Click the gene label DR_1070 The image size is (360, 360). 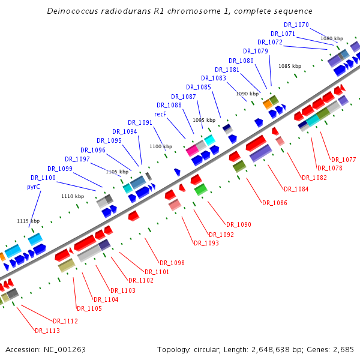coord(296,25)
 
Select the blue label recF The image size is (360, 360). coord(160,114)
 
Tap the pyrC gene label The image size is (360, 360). coord(34,187)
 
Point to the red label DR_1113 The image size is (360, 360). coord(47,331)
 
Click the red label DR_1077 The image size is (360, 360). coord(344,160)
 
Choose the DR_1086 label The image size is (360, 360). coord(275,203)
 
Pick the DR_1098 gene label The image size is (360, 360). coord(172,263)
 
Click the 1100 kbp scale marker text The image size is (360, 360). coord(160,146)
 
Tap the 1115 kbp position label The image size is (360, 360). coord(28,221)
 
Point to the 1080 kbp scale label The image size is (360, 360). coord(332,38)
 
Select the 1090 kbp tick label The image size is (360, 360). coord(247,94)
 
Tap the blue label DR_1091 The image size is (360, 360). coord(140,123)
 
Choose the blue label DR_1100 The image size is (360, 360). coord(43,178)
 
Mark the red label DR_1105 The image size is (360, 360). coord(89,308)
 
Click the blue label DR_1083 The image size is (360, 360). coord(214,78)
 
